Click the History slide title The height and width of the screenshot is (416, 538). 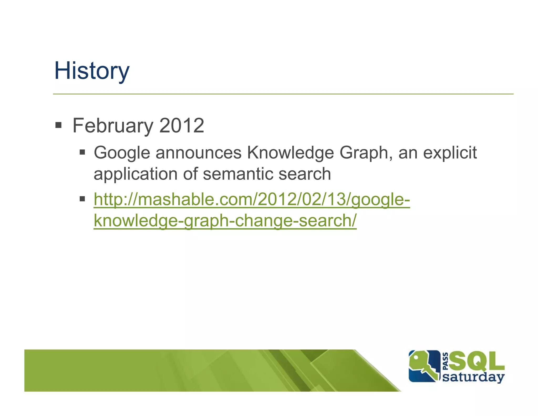[92, 71]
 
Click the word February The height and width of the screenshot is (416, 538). [113, 126]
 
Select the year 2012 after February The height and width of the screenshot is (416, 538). [182, 126]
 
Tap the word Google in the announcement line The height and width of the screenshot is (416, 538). [122, 153]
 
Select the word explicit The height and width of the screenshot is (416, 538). [450, 153]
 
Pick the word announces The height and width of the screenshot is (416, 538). [198, 153]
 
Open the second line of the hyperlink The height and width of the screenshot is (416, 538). [225, 221]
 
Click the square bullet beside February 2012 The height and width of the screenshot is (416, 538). [58, 125]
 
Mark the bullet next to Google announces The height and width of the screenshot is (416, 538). [82, 152]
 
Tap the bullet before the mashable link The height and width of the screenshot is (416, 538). [82, 199]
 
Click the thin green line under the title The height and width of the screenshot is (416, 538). [283, 94]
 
